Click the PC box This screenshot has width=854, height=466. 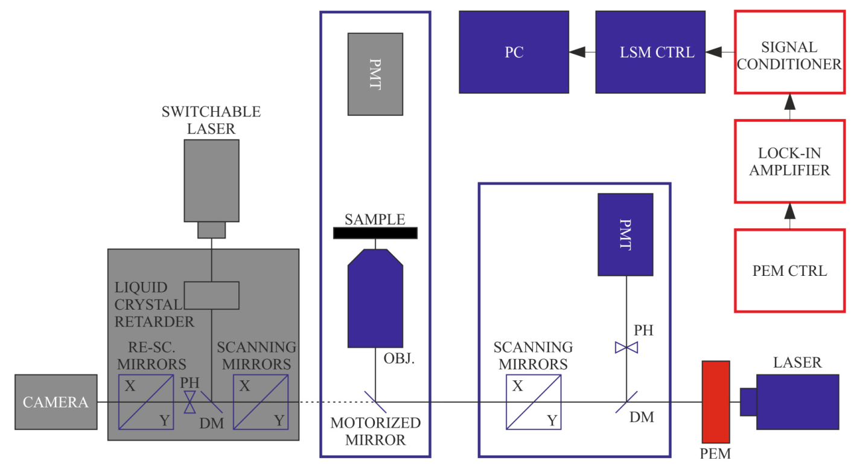coord(514,52)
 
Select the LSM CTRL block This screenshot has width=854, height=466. coord(651,52)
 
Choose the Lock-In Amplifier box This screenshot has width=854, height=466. coord(789,161)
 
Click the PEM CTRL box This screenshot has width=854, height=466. coord(789,270)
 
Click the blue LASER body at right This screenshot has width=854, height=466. coord(797,402)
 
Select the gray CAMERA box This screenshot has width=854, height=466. coord(56,402)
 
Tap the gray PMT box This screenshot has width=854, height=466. coord(375,74)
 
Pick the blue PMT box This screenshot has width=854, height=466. coord(625,234)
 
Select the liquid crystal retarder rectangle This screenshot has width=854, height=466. coord(211,295)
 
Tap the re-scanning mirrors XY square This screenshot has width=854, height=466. coord(145,402)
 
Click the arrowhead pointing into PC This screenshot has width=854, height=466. coord(578,53)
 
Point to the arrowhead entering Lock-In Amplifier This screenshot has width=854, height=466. coord(789,213)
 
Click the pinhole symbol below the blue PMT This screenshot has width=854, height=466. coord(626,347)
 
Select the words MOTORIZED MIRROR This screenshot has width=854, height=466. coord(375,431)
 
